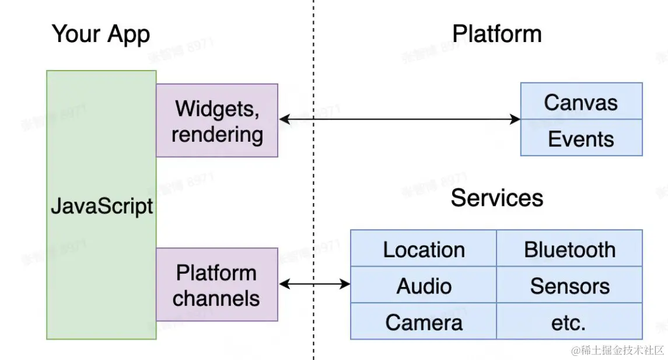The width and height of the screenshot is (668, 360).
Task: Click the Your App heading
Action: coord(101,34)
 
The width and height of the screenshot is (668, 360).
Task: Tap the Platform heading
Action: coord(496,34)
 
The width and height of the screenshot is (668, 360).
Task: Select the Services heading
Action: coord(496,198)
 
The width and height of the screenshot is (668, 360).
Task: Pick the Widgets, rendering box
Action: coord(217,120)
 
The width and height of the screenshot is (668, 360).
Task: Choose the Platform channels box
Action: coord(217,285)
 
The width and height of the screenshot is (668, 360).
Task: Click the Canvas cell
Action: coord(581,103)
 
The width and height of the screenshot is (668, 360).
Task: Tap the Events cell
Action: coord(581,139)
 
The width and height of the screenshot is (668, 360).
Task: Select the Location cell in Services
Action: coord(424,250)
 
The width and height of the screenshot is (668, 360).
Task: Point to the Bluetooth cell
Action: coord(569,250)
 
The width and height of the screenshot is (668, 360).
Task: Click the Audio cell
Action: coord(424,286)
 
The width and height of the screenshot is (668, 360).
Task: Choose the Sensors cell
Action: coord(569,286)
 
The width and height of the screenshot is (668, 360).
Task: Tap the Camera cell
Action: coord(424,322)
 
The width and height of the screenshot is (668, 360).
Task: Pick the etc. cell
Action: coord(569,322)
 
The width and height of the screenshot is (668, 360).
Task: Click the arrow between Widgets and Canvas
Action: coord(399,120)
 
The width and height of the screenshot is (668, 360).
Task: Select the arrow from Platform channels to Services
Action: coord(314,284)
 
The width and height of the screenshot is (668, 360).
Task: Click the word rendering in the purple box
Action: coord(217,134)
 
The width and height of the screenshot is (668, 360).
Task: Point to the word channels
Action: coord(217,298)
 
